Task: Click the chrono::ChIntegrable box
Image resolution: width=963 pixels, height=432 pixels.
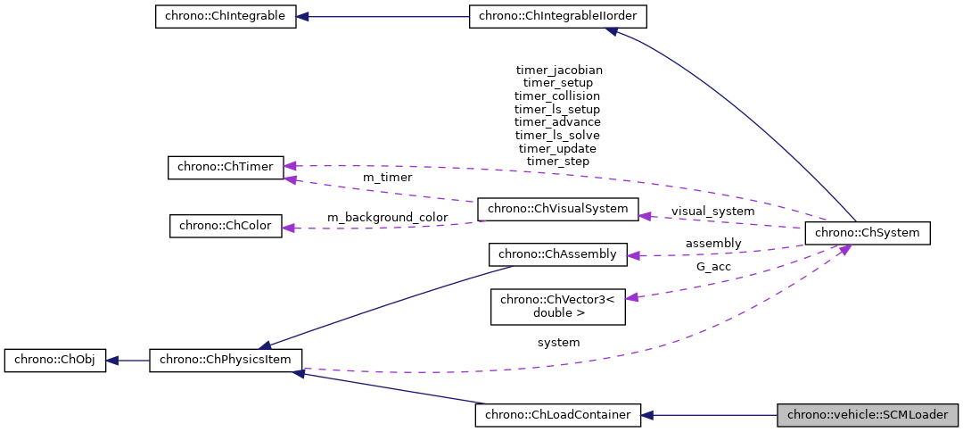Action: (x=226, y=17)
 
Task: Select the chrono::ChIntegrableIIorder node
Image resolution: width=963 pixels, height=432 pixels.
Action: (x=558, y=17)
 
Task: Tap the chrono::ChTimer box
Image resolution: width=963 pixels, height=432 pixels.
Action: (x=226, y=167)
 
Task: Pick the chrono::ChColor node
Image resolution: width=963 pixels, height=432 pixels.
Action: (x=226, y=226)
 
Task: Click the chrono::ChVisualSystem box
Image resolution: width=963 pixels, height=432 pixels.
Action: (x=558, y=210)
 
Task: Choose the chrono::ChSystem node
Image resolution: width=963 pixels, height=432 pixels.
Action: (x=867, y=234)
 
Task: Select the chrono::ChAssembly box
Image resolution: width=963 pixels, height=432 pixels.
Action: (x=558, y=254)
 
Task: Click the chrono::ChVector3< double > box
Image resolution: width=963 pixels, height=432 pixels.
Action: (x=558, y=306)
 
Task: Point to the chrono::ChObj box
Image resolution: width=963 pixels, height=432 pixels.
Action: (x=55, y=361)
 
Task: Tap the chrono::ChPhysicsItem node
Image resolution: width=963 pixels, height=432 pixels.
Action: (x=226, y=361)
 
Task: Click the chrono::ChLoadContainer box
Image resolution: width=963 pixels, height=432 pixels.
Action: (x=558, y=415)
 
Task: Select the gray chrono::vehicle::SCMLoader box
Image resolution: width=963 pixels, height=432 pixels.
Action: (x=868, y=415)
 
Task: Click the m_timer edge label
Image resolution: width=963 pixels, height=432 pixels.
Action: (x=387, y=178)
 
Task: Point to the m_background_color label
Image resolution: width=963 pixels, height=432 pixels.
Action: (x=387, y=218)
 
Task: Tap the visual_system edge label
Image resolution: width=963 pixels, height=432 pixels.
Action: (x=712, y=212)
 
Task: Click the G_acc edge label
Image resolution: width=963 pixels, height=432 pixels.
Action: (x=713, y=266)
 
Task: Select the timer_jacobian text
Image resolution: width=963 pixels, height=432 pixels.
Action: (x=559, y=70)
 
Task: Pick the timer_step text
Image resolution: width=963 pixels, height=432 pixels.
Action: (x=557, y=162)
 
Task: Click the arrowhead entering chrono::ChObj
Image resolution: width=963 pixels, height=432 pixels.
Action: (x=112, y=361)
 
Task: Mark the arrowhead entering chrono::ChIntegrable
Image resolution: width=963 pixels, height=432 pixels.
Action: (x=303, y=17)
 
